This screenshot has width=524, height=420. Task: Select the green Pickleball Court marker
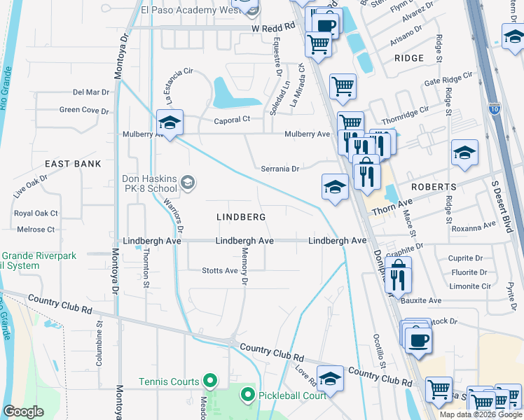247,395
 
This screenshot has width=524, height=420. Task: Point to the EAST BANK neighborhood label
73,164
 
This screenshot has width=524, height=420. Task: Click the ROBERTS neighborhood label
434,188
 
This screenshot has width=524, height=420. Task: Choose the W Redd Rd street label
274,28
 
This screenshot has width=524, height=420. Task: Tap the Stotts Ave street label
220,271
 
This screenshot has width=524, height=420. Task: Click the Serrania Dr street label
280,169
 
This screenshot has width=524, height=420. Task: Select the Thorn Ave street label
393,208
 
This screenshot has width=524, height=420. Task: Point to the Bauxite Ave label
421,300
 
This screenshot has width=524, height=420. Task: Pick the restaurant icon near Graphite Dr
397,275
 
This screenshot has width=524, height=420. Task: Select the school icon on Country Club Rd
330,379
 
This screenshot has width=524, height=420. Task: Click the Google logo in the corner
23,412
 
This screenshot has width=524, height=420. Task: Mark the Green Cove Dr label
84,110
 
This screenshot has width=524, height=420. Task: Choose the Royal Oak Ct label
36,213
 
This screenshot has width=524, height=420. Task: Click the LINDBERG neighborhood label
240,218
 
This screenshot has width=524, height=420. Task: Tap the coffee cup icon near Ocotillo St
418,339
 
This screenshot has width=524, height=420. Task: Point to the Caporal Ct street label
232,120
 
